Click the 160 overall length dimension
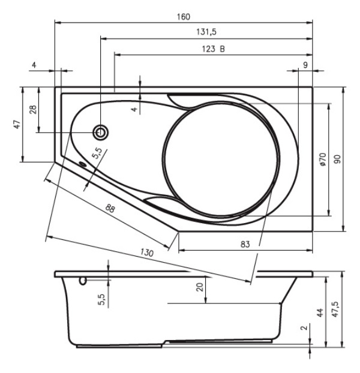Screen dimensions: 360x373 184,17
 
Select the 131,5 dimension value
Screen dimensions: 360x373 206,32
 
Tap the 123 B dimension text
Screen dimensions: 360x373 213,49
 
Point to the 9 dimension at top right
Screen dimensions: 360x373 305,65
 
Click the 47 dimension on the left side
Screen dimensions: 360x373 17,124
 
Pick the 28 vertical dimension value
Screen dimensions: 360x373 34,109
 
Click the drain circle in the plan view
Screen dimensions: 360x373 101,133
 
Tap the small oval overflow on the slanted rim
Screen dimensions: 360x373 83,164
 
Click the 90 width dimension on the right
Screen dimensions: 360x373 337,159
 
